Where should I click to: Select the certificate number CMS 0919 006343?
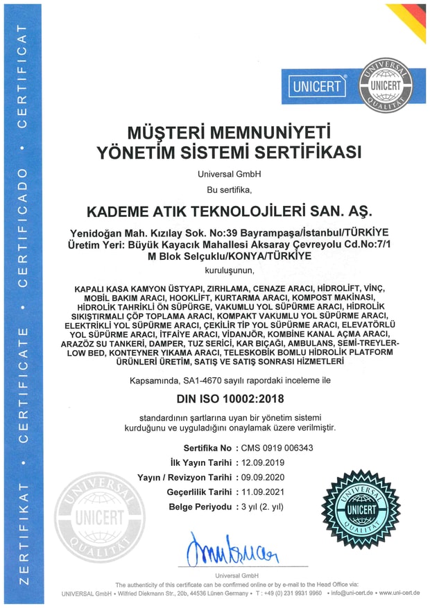tap(275, 448)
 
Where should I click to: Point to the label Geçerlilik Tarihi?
tap(199, 492)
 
